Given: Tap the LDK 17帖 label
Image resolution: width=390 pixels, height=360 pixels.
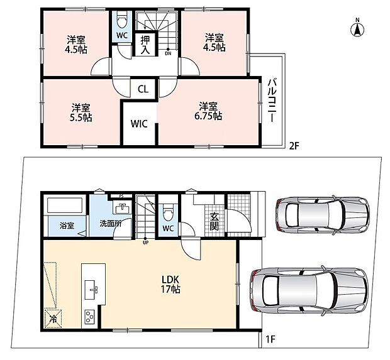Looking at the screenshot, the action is coord(170,285).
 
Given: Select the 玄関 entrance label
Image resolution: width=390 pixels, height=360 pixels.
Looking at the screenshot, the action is coord(214,222).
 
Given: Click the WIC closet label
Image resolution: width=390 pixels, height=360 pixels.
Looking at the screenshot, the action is coord(139,124).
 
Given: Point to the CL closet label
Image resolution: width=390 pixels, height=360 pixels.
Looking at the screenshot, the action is coord(143,89).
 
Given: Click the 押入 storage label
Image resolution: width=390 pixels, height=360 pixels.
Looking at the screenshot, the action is coord(145,45).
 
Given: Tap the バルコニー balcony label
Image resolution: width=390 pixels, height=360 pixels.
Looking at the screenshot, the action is coord(272,100).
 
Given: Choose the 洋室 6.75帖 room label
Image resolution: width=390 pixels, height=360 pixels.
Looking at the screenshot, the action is coord(208,111).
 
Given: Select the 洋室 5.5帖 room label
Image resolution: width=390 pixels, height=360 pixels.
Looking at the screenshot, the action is coord(81,112).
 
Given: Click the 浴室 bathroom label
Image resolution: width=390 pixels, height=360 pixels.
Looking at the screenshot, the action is coord(67,226).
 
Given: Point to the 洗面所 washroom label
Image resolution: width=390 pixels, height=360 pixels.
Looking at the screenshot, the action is coord(111,224).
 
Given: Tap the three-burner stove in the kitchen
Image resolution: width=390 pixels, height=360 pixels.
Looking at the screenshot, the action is coord(89,317).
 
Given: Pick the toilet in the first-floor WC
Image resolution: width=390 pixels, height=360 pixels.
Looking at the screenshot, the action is coord(168,212).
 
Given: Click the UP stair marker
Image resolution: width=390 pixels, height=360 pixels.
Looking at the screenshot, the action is coord(145,241).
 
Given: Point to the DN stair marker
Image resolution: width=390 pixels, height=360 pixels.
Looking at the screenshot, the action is coord(168,52).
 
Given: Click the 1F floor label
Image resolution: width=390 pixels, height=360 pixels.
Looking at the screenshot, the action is coord(271,339).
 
